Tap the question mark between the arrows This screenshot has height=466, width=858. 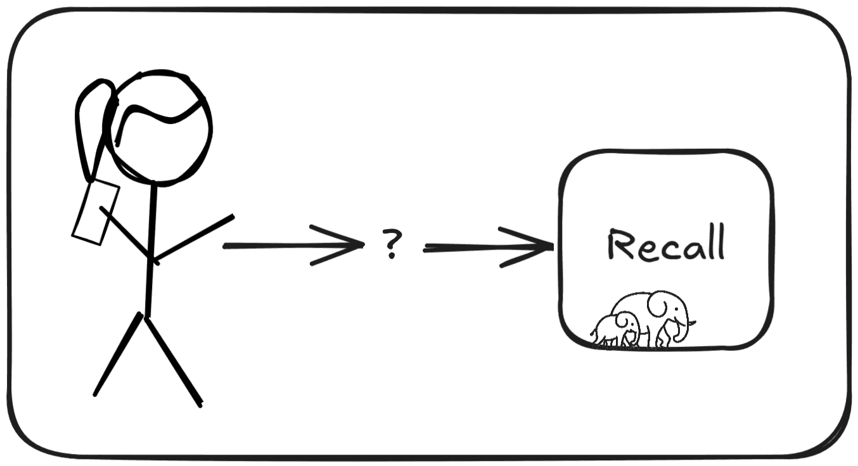pyautogui.click(x=392, y=243)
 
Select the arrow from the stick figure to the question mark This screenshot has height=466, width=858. pyautogui.click(x=293, y=246)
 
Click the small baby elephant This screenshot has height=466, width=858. pyautogui.click(x=616, y=329)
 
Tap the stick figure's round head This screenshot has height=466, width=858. pyautogui.click(x=161, y=128)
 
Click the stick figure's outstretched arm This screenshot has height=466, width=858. pyautogui.click(x=193, y=239)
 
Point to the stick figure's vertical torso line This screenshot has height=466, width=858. pyautogui.click(x=151, y=249)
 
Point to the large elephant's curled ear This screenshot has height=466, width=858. pyautogui.click(x=660, y=304)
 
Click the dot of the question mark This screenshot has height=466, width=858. pyautogui.click(x=391, y=255)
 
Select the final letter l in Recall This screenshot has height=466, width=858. pyautogui.click(x=721, y=242)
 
